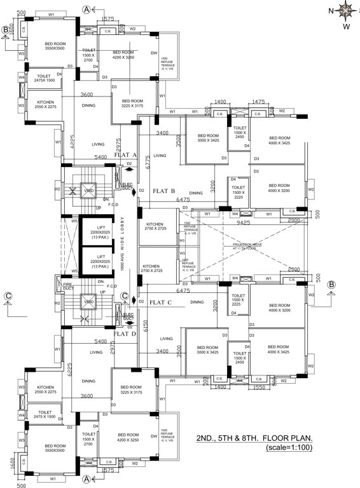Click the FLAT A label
pos(125,155)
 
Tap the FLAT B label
pos(164,191)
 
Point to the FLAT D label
pos(125,332)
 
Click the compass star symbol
pos(347,10)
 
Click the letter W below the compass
pos(347,27)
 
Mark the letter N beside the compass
pos(330,10)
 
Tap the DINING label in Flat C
pos(197,302)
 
